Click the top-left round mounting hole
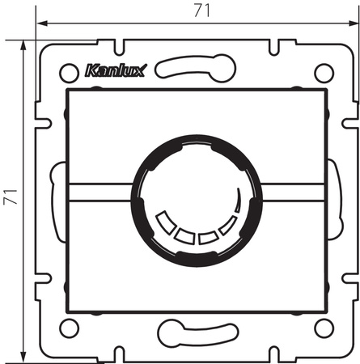click(68, 72)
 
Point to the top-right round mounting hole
click(323, 72)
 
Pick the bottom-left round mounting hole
click(68, 327)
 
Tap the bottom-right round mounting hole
click(323, 327)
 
